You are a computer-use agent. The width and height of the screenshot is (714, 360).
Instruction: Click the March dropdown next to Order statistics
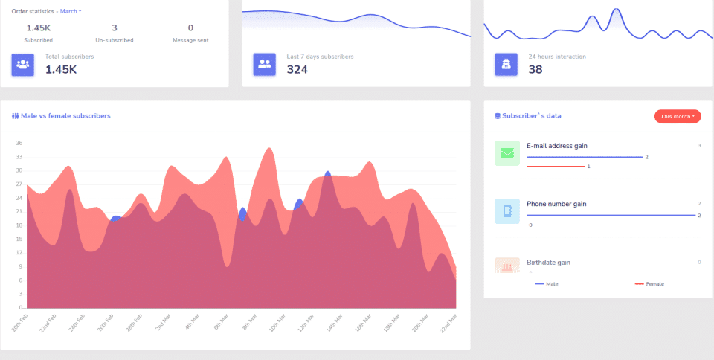pyautogui.click(x=71, y=11)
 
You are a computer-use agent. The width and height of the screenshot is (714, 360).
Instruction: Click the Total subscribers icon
pyautogui.click(x=23, y=64)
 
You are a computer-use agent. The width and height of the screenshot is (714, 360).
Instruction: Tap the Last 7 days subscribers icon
pyautogui.click(x=265, y=64)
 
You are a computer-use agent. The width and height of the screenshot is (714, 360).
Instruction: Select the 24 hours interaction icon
pyautogui.click(x=506, y=64)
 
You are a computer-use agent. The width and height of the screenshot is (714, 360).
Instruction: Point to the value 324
pyautogui.click(x=297, y=70)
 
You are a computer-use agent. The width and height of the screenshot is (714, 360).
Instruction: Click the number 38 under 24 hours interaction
pyautogui.click(x=535, y=70)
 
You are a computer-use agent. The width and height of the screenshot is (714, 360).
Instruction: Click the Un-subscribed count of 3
pyautogui.click(x=115, y=28)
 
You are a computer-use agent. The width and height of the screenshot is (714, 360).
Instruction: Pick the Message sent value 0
pyautogui.click(x=190, y=28)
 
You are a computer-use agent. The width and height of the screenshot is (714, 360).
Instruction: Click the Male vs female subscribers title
pyautogui.click(x=65, y=116)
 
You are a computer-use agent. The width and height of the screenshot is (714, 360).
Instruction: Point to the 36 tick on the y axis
pyautogui.click(x=19, y=144)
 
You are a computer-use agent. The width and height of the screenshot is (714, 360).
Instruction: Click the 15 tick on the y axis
pyautogui.click(x=19, y=239)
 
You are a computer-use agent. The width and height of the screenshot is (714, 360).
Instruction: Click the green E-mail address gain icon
pyautogui.click(x=507, y=152)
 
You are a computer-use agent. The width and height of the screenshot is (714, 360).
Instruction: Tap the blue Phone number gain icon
pyautogui.click(x=507, y=211)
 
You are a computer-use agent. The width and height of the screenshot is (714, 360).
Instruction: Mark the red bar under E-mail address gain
pyautogui.click(x=556, y=167)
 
